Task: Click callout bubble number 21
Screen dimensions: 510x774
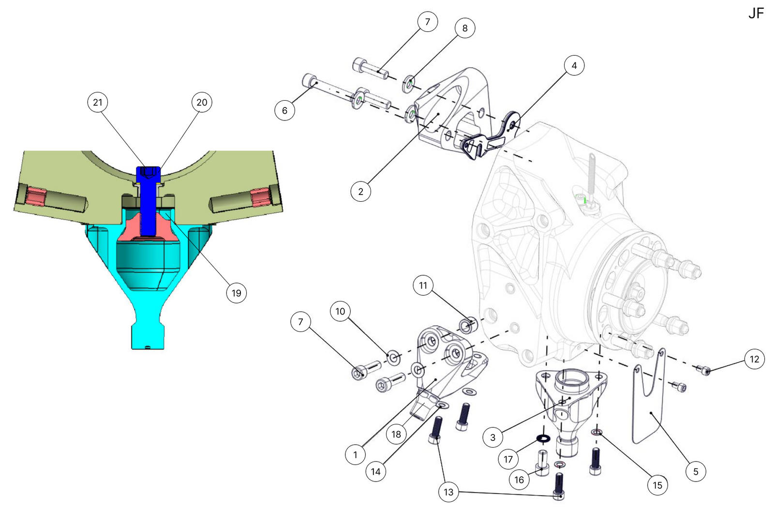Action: pos(98,102)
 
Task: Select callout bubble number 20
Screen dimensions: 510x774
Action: pos(202,102)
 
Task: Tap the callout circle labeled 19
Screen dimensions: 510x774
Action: pos(236,293)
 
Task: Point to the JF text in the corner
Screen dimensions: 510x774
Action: pos(756,14)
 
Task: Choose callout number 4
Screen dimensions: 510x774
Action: pos(574,65)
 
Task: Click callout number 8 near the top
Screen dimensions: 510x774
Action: pos(464,28)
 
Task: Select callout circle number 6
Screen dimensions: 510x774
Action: pos(284,110)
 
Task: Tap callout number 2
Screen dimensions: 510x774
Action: pos(360,191)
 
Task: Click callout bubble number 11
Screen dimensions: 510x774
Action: pos(423,285)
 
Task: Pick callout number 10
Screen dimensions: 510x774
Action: pos(340,311)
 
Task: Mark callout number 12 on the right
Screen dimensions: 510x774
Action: pos(754,359)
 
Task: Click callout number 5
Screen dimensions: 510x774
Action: pos(696,471)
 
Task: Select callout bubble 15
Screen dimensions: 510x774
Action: pos(657,485)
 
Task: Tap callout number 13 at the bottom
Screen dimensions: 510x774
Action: pos(448,492)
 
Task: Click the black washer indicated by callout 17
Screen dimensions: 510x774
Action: pos(544,439)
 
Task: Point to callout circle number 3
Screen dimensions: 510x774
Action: pos(492,437)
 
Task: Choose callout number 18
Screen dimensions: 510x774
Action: pos(396,434)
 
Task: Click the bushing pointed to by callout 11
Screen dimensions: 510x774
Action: pos(467,325)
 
